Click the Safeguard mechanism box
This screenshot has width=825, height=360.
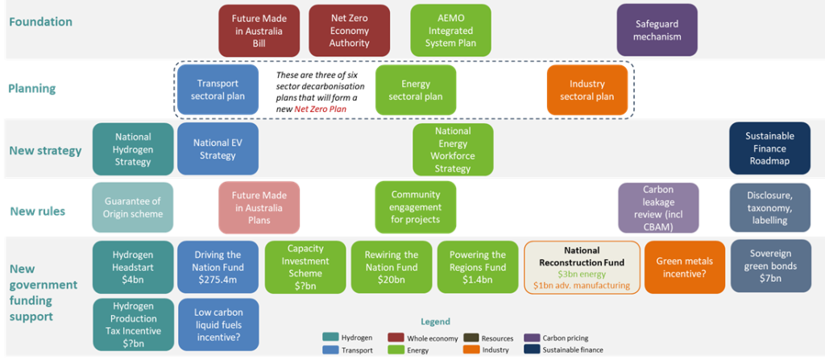657,31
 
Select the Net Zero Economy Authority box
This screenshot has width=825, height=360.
349,31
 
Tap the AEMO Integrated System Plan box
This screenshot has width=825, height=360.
450,31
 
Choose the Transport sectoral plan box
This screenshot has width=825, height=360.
218,89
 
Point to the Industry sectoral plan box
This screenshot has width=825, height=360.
587,89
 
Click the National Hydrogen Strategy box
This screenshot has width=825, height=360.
133,149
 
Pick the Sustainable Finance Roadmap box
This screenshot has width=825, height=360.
769,149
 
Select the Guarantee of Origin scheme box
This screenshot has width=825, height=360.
133,207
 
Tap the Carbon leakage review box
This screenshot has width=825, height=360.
657,207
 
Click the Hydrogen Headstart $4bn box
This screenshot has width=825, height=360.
133,267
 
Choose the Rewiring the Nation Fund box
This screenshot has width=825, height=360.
391,267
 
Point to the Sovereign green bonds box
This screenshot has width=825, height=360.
769,267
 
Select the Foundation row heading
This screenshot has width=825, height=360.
40,22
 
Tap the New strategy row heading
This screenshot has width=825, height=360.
45,151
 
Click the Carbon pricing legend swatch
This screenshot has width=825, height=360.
531,337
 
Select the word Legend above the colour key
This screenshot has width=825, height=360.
435,322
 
